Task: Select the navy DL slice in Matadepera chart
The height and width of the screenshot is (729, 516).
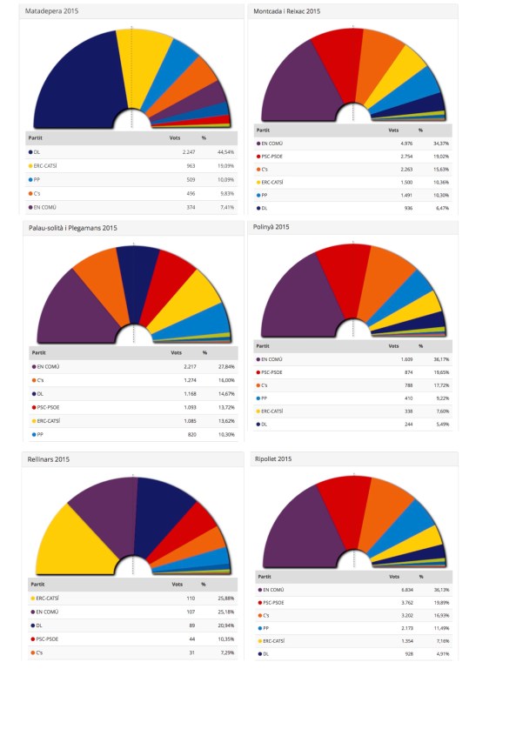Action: (x=74, y=78)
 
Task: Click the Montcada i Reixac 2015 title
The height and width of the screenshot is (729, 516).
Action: (x=286, y=11)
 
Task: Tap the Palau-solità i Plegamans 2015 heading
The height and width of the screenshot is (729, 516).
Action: (x=74, y=228)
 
